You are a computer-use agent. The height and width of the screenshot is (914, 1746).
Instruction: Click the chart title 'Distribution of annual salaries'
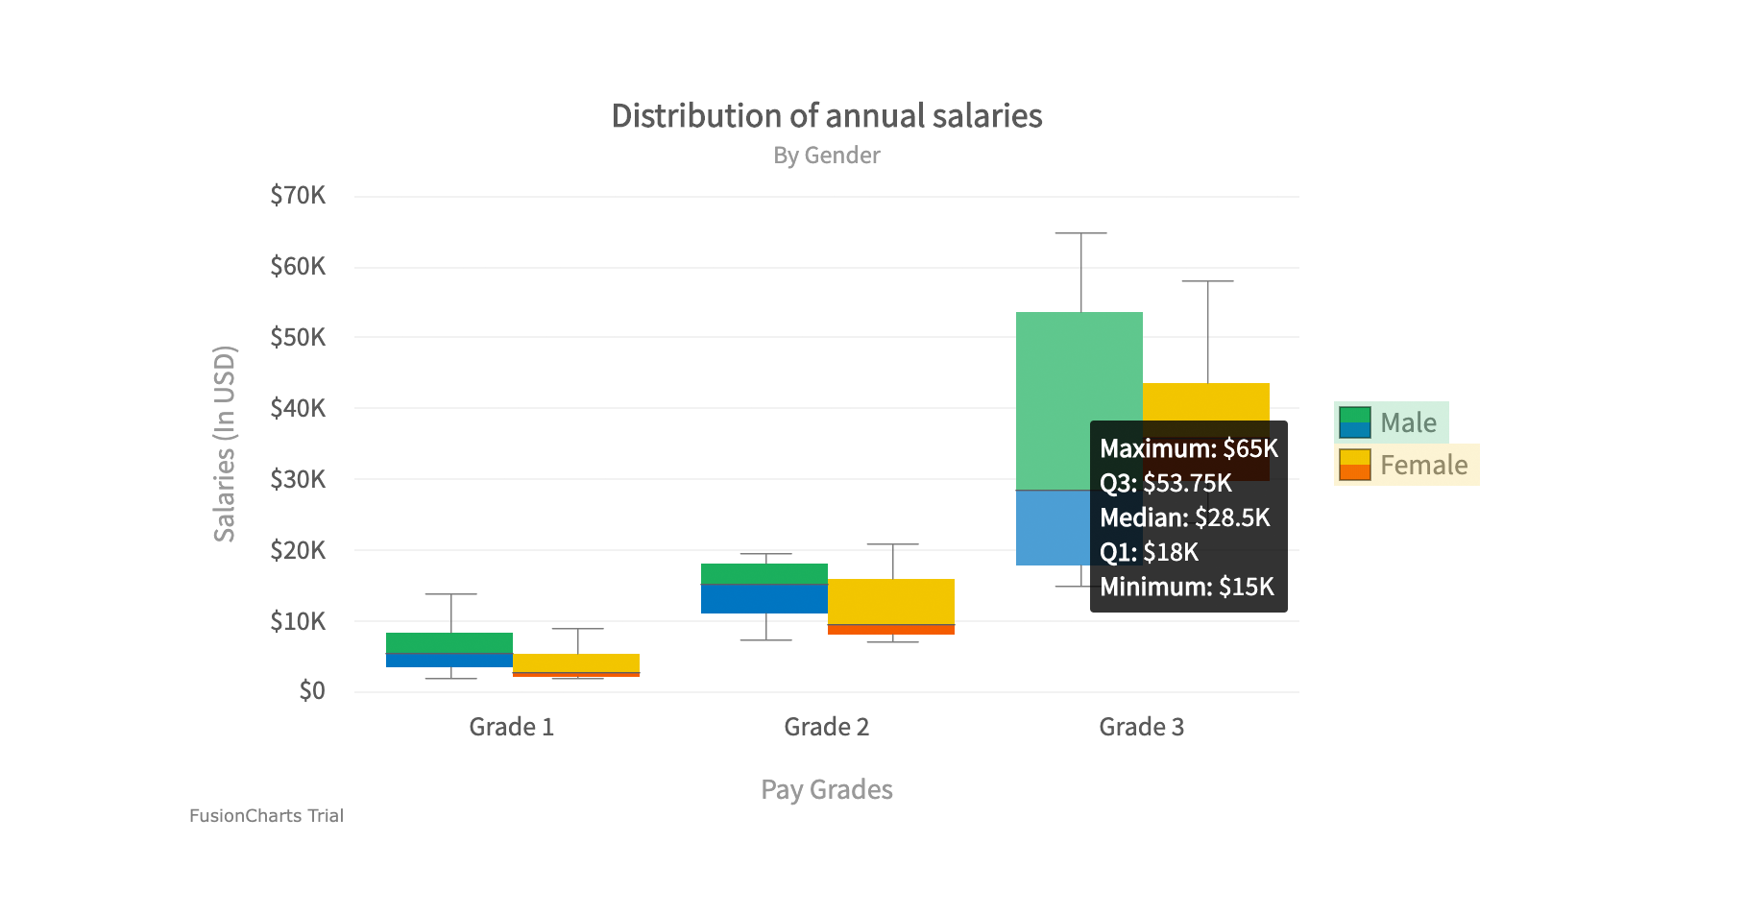pos(826,116)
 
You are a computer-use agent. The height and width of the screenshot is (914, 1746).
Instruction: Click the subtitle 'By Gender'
pos(826,156)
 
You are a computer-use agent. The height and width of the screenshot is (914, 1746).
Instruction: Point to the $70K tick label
pos(298,196)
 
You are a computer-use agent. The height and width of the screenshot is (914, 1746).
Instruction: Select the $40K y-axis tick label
pos(298,409)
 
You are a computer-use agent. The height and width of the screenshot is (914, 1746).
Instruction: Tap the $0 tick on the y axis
pos(312,691)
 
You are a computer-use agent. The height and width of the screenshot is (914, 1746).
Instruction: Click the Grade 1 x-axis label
pos(511,727)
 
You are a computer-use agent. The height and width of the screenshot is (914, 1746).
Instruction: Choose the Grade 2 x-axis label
pos(826,727)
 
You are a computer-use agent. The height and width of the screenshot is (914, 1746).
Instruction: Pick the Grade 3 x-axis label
pos(1141,727)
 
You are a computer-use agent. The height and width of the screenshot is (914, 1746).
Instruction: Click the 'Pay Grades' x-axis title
pos(826,789)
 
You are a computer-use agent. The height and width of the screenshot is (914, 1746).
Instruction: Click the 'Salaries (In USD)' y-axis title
pos(224,444)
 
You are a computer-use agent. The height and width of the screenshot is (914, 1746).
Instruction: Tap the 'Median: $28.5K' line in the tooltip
pos(1184,517)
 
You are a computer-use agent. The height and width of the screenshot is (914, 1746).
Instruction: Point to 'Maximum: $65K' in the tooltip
pos(1188,448)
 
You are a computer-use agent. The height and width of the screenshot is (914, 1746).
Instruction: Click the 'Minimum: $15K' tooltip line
pos(1186,587)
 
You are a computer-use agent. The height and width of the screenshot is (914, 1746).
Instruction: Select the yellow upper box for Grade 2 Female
pos(890,601)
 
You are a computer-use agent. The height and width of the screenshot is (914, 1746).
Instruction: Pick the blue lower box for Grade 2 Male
pos(764,599)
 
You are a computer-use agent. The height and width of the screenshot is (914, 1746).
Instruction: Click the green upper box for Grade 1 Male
pos(449,642)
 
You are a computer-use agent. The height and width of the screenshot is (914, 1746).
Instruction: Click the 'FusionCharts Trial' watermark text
pos(266,816)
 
